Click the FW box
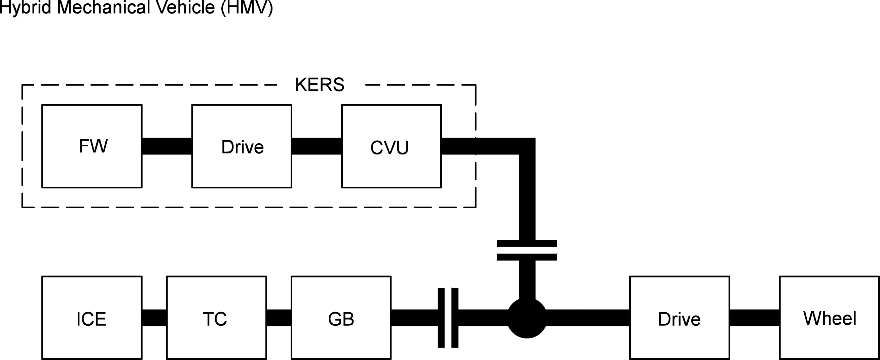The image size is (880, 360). point(92,146)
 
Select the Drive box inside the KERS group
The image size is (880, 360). point(242,146)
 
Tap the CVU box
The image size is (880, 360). point(392,146)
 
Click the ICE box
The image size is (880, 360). point(92,318)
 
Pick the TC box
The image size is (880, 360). point(216,318)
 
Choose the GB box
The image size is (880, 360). point(341,318)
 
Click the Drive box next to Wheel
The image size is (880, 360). point(680,318)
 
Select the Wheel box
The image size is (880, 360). point(830,318)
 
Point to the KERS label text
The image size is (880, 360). point(320,85)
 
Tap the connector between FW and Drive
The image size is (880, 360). point(167,146)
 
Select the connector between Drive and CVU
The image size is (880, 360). point(317,146)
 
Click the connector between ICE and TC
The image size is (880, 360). point(154,318)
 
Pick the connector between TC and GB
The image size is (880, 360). point(279,318)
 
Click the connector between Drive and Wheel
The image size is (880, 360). point(754,318)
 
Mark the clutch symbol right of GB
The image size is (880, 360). point(448,318)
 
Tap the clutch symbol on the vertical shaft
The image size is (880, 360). point(527,250)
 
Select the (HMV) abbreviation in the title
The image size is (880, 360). point(247,7)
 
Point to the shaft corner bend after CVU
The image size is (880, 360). point(527,146)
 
